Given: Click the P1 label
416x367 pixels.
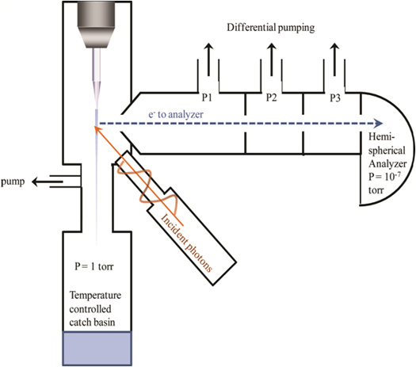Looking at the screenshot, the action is [207, 97].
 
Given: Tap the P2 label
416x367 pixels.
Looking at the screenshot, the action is [272, 97].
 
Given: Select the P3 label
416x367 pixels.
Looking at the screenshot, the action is [335, 98].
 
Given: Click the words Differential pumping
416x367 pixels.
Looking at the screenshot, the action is [271, 28].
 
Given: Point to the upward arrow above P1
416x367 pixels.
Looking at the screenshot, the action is [208, 59].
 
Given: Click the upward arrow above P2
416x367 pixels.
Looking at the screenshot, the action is [272, 59].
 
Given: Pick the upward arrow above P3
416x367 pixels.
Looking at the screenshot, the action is [334, 59].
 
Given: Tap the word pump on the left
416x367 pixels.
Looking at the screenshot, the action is [13, 182].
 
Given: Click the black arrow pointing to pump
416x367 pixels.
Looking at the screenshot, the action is [48, 182].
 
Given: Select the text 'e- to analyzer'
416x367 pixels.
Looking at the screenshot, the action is [176, 114].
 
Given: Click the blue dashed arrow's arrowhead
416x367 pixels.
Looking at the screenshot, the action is [378, 124].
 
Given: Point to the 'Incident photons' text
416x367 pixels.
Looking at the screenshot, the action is [186, 243].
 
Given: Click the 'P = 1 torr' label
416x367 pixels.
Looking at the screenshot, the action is [94, 266].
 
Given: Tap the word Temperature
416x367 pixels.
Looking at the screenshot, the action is [95, 295].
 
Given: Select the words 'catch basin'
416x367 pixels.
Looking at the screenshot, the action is [92, 322].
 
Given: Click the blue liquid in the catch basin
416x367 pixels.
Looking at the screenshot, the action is [97, 349].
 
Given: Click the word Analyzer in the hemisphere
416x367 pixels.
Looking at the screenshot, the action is [387, 164].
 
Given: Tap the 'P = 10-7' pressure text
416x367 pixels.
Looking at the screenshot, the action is [384, 177].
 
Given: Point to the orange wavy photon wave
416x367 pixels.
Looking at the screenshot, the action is [147, 185].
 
